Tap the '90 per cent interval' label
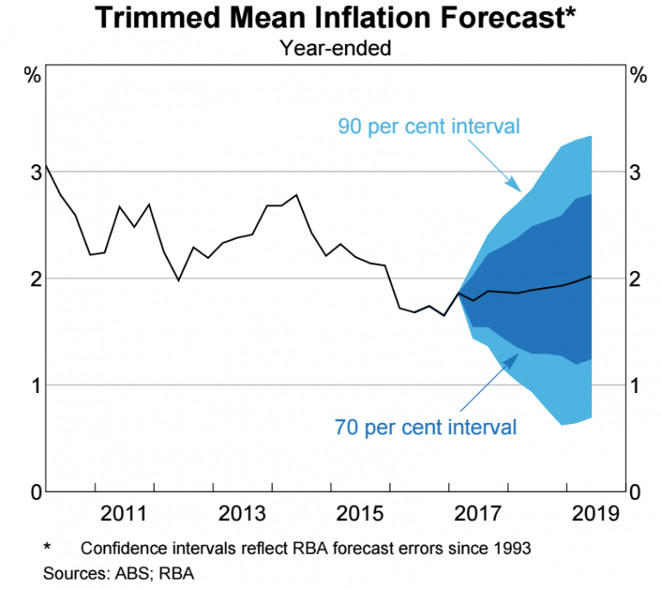[429, 126]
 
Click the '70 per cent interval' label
[425, 426]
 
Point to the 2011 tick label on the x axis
[121, 513]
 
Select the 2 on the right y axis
[635, 279]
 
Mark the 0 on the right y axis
[635, 492]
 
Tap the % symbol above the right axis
[638, 75]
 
